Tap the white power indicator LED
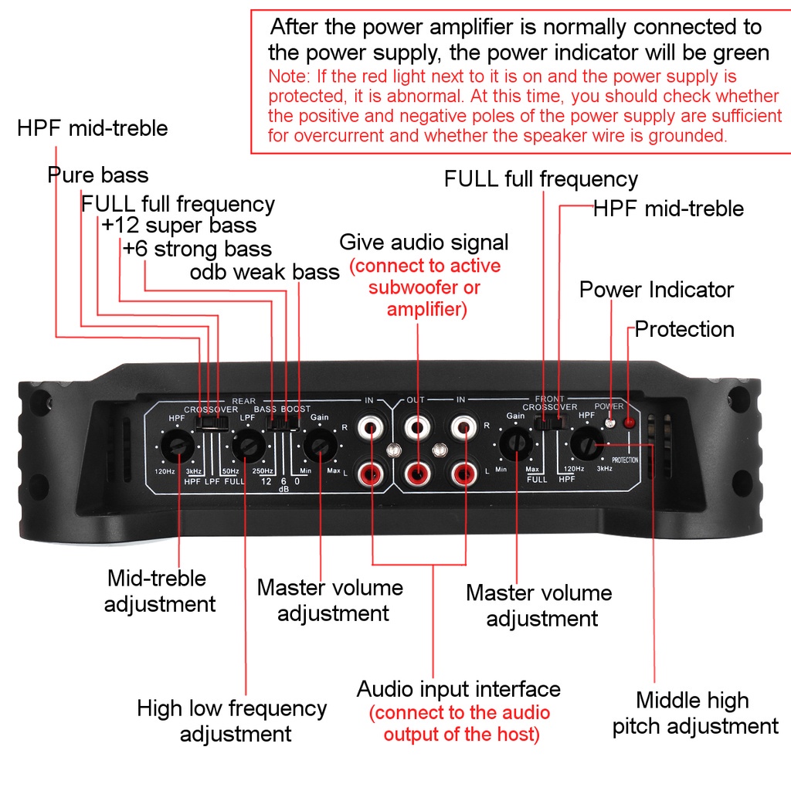(609, 422)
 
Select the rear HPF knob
(179, 447)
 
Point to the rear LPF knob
(248, 446)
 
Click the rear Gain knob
(319, 446)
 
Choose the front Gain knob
(514, 446)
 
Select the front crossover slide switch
(550, 422)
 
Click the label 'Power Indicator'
(656, 290)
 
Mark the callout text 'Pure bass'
(97, 175)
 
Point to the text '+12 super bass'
(178, 226)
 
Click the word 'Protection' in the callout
(684, 330)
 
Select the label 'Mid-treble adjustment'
(159, 591)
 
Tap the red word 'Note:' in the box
(286, 77)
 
